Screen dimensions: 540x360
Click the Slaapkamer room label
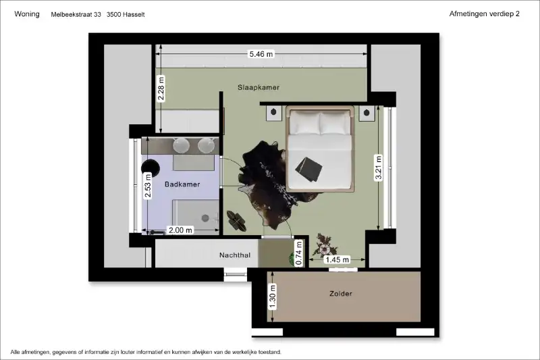(x=259, y=88)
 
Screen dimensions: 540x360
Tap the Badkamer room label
(x=182, y=184)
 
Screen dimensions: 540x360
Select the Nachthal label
(x=235, y=255)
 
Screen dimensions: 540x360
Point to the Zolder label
(x=341, y=294)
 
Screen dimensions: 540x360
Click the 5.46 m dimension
(x=261, y=54)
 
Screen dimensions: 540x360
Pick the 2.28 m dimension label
(x=161, y=89)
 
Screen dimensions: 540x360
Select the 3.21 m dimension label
(x=378, y=168)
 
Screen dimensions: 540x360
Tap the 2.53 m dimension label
(x=148, y=186)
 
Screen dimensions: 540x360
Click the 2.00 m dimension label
(x=180, y=230)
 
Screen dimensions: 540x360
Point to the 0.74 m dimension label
(x=299, y=253)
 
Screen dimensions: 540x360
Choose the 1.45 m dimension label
(x=337, y=260)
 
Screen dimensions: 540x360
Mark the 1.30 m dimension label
(x=273, y=297)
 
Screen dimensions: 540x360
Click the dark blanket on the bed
(x=308, y=169)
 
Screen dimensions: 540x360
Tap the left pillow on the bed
(x=304, y=123)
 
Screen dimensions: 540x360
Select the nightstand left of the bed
(x=274, y=113)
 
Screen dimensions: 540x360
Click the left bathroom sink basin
(x=181, y=145)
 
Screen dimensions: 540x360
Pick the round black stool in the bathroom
(x=151, y=168)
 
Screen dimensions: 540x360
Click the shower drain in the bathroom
(x=205, y=217)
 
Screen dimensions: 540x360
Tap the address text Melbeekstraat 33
(x=76, y=14)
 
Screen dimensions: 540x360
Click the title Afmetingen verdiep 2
(x=484, y=14)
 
